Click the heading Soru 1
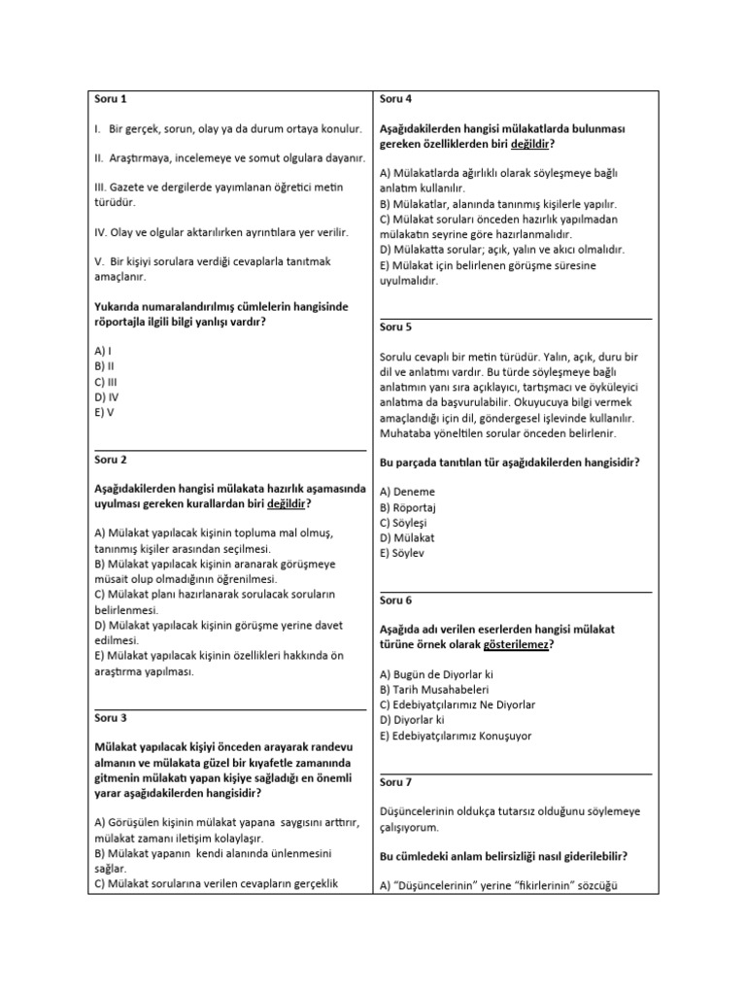pyautogui.click(x=111, y=98)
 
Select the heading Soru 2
pyautogui.click(x=111, y=459)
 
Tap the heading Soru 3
pyautogui.click(x=111, y=718)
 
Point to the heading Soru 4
pyautogui.click(x=396, y=98)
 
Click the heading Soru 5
pyautogui.click(x=396, y=327)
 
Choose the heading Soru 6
pyautogui.click(x=396, y=600)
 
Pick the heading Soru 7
pyautogui.click(x=396, y=781)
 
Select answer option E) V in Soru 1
pyautogui.click(x=104, y=412)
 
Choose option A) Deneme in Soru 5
pyautogui.click(x=408, y=492)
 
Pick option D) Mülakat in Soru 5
pyautogui.click(x=408, y=537)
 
